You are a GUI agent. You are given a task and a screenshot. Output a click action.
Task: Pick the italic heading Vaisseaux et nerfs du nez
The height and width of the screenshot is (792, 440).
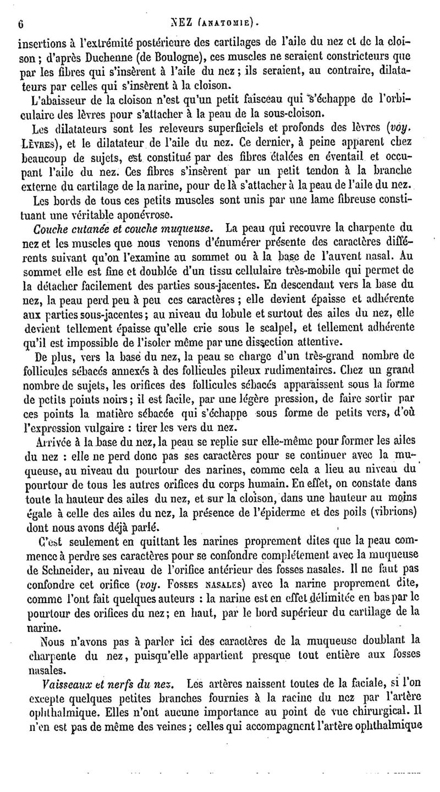click(105, 682)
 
